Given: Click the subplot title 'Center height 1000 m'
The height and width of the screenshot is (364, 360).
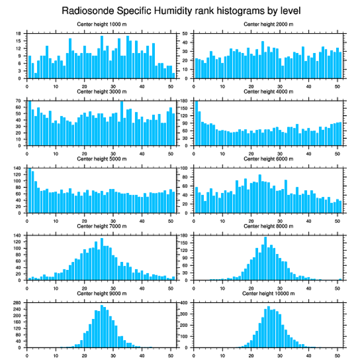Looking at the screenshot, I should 101,24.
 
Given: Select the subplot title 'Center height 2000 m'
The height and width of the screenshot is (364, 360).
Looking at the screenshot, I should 268,24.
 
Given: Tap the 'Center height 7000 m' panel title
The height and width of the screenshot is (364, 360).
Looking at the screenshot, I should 101,226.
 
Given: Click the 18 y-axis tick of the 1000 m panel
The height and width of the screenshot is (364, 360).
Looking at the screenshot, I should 19,34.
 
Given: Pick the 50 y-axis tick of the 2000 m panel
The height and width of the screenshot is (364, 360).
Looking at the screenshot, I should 186,34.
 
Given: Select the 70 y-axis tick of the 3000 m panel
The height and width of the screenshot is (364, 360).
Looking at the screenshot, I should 19,101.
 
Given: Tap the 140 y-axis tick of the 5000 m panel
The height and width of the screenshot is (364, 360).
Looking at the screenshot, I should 18,168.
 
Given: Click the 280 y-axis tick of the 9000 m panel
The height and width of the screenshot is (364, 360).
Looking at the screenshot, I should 18,303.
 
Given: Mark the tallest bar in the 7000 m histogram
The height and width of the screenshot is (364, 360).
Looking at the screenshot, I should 101,259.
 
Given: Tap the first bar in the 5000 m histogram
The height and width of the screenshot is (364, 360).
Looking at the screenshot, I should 30,190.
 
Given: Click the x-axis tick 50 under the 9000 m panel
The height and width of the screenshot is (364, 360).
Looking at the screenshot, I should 170,354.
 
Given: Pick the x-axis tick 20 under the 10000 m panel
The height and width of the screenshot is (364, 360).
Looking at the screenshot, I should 251,354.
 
